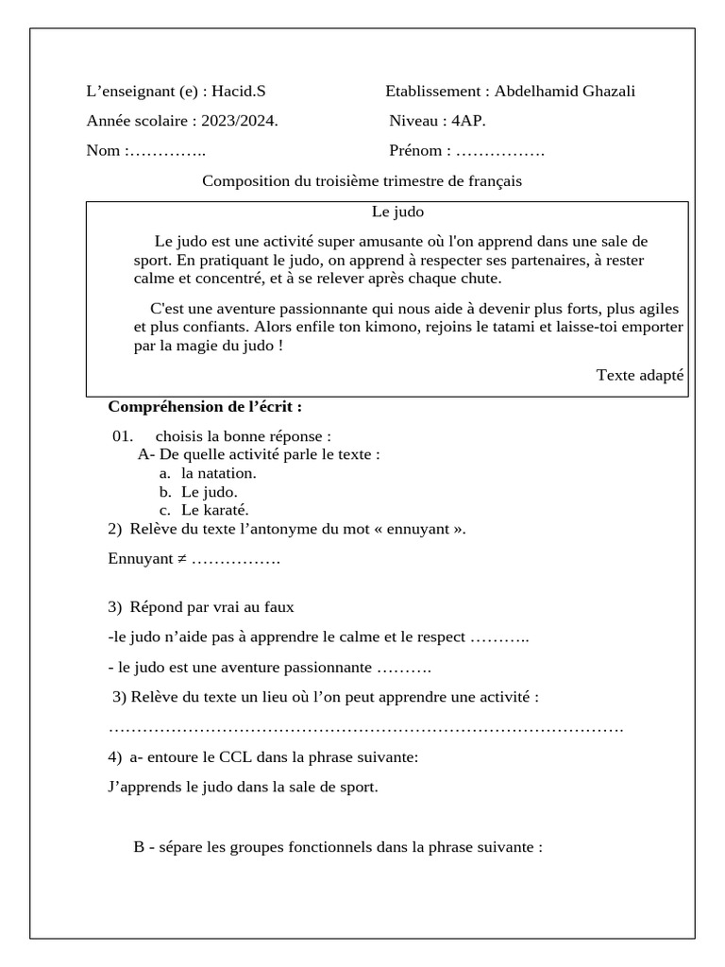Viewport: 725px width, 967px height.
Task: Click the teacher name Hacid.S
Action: (238, 92)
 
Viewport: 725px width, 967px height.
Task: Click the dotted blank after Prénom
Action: (499, 151)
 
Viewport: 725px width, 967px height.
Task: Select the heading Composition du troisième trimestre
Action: (362, 180)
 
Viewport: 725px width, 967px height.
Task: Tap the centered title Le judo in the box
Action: (391, 212)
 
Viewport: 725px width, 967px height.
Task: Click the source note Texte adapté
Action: (639, 375)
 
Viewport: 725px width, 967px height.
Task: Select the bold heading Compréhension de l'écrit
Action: (205, 407)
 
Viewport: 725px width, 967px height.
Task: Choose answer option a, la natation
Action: (218, 473)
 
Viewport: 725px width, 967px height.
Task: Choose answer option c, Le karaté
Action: (215, 510)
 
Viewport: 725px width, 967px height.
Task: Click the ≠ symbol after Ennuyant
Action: (181, 559)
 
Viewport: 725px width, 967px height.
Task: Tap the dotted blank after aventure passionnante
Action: (403, 668)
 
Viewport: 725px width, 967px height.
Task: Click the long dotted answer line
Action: (366, 729)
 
